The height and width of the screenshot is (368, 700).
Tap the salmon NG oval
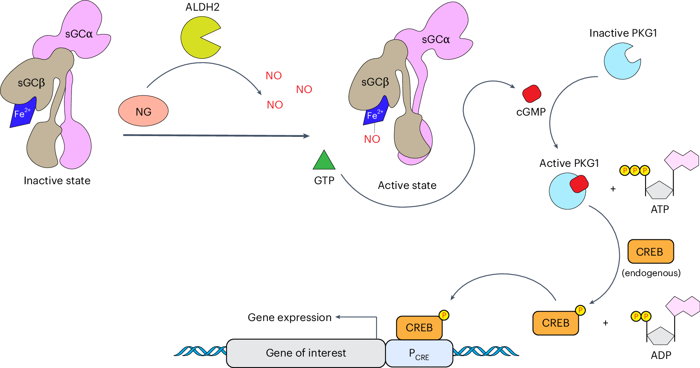click(143, 111)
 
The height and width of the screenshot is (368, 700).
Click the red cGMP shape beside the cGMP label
click(532, 94)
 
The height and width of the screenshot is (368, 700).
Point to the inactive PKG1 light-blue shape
click(620, 62)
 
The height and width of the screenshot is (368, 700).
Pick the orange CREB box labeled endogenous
click(650, 252)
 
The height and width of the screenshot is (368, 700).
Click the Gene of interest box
click(306, 353)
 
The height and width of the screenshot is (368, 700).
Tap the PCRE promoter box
click(419, 353)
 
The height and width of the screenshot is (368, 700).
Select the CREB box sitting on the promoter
click(419, 328)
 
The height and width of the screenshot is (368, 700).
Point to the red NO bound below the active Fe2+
click(372, 139)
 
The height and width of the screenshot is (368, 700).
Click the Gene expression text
click(290, 318)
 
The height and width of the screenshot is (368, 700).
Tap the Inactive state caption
click(57, 181)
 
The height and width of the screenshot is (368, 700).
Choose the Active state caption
click(407, 185)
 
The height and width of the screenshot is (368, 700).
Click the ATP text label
click(660, 209)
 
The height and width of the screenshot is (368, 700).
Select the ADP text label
click(661, 355)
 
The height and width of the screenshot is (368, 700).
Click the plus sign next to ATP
click(613, 189)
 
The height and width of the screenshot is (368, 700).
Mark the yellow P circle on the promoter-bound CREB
click(444, 315)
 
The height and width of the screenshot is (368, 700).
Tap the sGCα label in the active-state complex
click(436, 39)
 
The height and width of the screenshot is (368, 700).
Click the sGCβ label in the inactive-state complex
click(31, 83)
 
